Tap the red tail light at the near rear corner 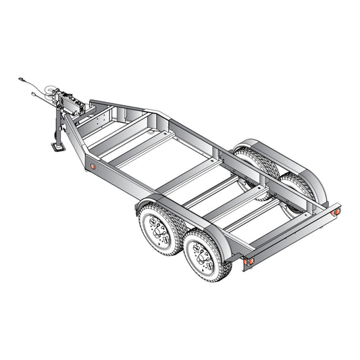pyautogui.click(x=249, y=261)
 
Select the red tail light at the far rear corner pyautogui.click(x=334, y=211)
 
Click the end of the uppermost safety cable pyautogui.click(x=22, y=80)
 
